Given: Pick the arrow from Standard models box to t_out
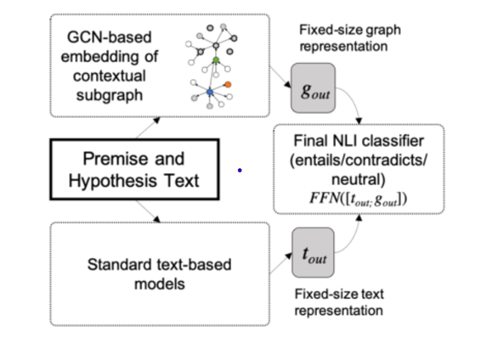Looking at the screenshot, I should point(278,266).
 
